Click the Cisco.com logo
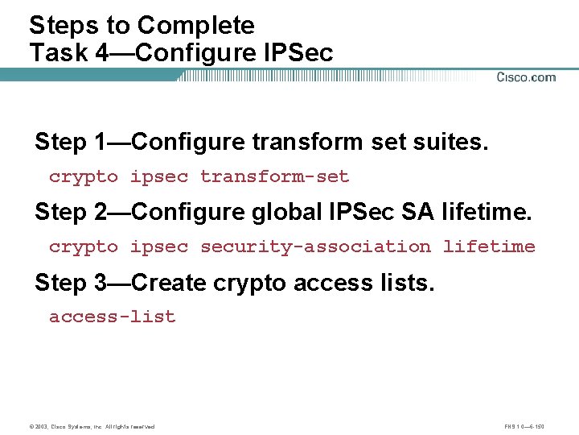click(x=526, y=77)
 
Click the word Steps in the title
click(x=61, y=26)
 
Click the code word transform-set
click(x=274, y=176)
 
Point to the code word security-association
click(x=315, y=246)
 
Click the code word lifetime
click(x=489, y=246)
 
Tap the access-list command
click(x=112, y=317)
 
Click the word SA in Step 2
click(x=419, y=213)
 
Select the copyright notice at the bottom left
click(x=92, y=426)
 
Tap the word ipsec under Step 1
click(x=158, y=176)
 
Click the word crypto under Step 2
click(x=83, y=246)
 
